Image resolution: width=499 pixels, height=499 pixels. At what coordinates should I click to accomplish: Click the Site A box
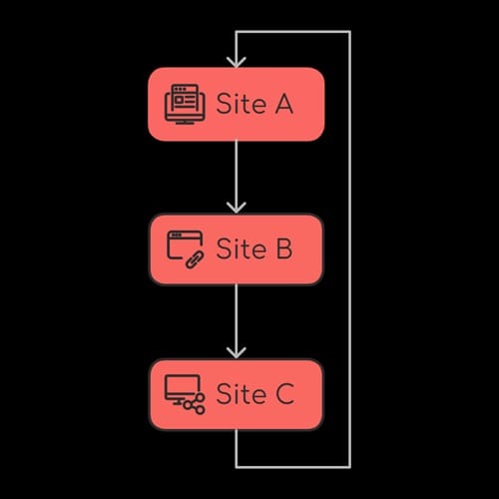click(237, 104)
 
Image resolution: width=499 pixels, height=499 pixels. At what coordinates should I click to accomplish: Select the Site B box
click(237, 249)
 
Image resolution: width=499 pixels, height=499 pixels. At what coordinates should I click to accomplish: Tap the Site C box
click(237, 395)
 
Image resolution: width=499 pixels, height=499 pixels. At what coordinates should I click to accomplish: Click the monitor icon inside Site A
click(184, 103)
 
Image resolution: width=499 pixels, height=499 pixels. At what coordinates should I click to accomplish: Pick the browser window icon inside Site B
click(183, 246)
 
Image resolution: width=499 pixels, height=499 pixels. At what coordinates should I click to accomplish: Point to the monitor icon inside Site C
click(181, 390)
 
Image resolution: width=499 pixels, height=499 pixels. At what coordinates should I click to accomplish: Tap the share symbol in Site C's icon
click(197, 403)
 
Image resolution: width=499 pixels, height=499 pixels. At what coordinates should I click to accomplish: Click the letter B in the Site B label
click(282, 249)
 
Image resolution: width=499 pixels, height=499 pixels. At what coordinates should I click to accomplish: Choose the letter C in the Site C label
click(282, 395)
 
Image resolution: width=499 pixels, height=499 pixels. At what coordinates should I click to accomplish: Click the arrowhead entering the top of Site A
click(237, 61)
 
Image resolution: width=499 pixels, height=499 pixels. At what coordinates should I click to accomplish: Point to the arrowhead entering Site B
click(237, 207)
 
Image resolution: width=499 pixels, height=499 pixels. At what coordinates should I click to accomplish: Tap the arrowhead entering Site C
click(237, 352)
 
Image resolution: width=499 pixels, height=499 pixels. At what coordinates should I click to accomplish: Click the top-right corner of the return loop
click(349, 32)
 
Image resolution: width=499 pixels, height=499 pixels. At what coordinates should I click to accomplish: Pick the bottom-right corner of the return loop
click(349, 466)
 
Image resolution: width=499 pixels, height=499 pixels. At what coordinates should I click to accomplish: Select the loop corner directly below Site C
click(237, 466)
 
